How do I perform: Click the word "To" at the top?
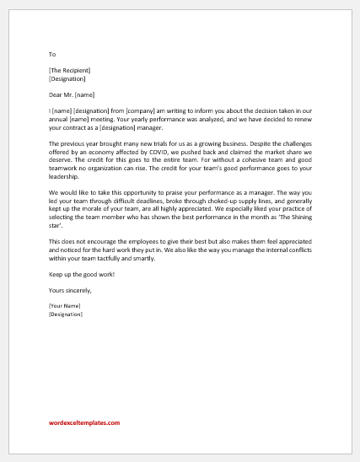52,53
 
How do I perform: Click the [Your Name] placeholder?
67,306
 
